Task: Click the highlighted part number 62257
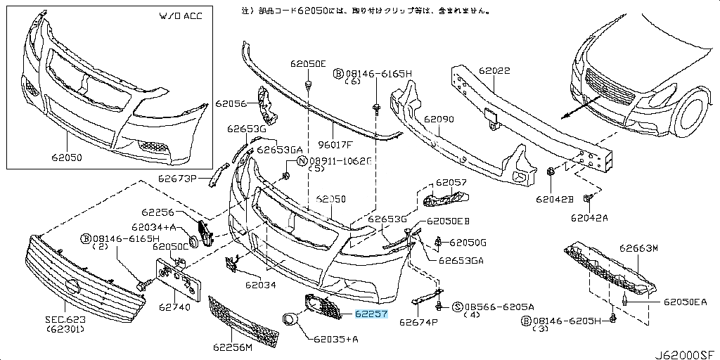click(371, 314)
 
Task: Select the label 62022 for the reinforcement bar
click(495, 71)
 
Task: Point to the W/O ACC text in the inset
click(181, 16)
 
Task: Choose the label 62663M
click(638, 248)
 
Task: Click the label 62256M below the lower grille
click(230, 347)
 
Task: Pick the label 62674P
click(418, 323)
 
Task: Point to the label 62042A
click(589, 218)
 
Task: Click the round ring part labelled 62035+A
click(289, 320)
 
